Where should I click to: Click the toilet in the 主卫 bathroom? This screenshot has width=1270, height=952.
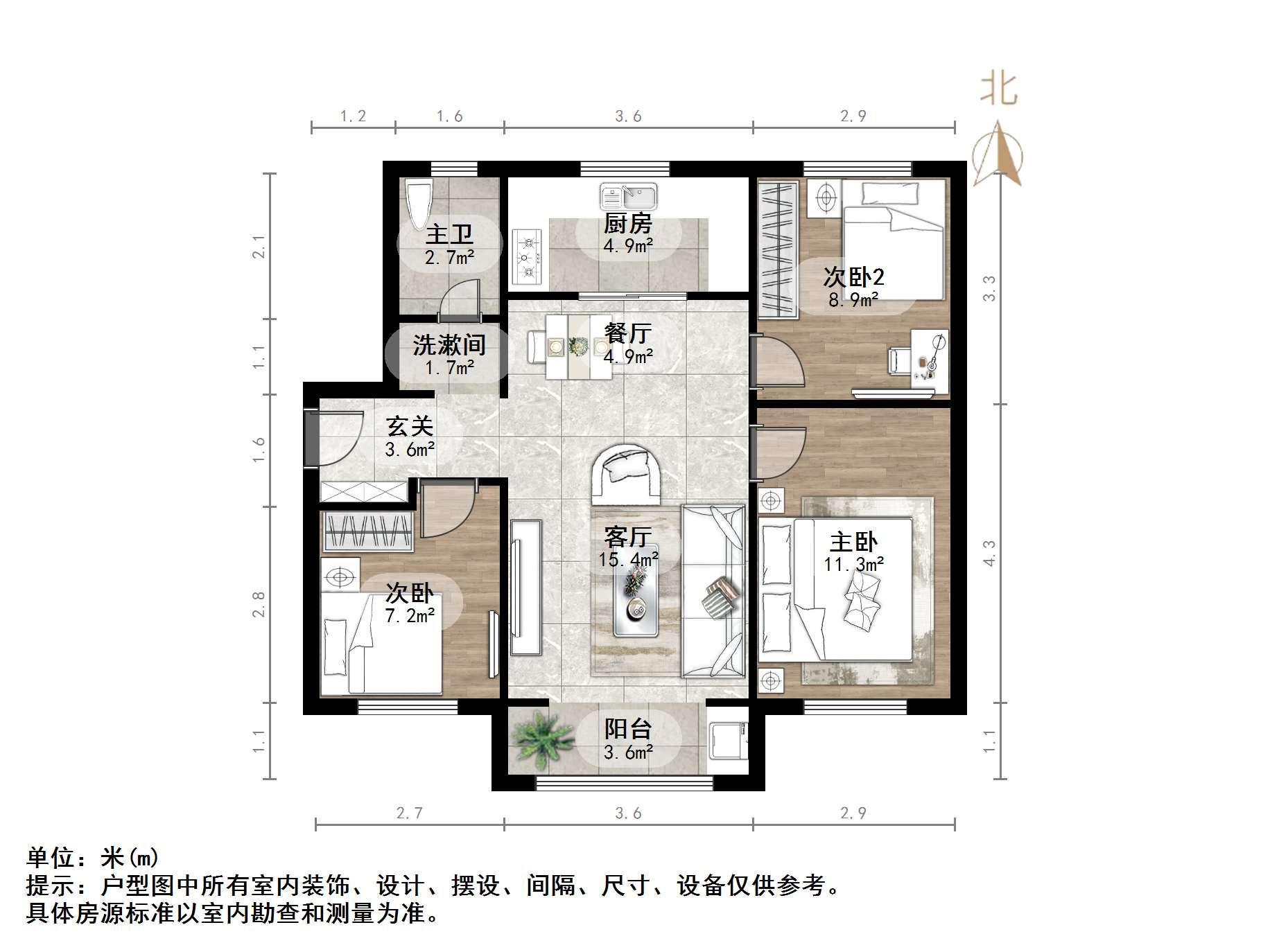419,204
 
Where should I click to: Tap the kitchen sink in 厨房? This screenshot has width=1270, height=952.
628,197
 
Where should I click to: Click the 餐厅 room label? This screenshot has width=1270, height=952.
628,334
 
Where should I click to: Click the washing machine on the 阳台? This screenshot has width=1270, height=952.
728,740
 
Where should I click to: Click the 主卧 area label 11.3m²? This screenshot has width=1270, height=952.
853,565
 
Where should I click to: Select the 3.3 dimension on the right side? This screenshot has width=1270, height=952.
989,288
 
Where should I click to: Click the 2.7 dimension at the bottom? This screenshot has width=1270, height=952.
409,813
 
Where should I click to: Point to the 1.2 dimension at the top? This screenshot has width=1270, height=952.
353,116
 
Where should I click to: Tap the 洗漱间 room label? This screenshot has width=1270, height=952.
449,345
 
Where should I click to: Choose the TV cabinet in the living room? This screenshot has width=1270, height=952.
525,587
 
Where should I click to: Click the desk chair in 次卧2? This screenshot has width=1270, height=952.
899,360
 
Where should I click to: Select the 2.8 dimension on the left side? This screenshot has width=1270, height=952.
259,604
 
